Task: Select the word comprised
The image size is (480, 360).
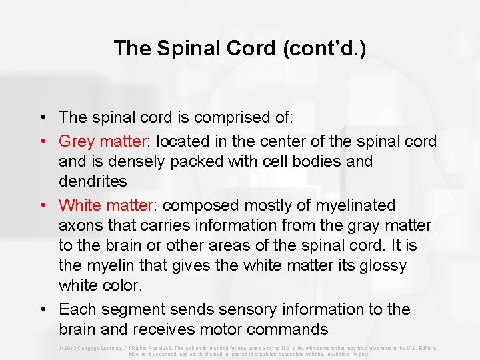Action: pos(243,117)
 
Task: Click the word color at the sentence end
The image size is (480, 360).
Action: pos(121,285)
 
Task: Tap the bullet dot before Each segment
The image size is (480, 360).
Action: pos(42,309)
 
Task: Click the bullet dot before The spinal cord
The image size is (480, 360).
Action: pos(42,117)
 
